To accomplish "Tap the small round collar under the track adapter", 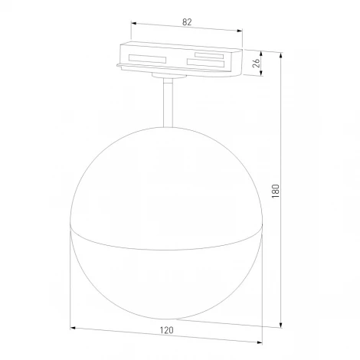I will [x=167, y=77].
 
